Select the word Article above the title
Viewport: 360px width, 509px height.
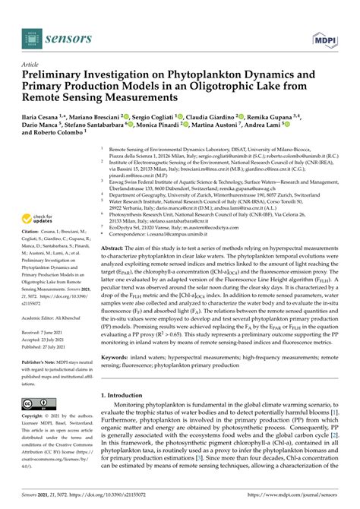pyautogui.click(x=32, y=65)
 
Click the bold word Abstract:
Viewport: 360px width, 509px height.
pyautogui.click(x=114, y=227)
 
